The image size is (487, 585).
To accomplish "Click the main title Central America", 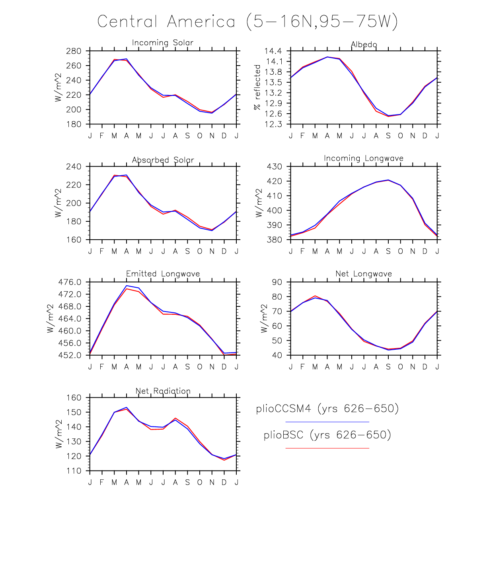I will click(x=247, y=21).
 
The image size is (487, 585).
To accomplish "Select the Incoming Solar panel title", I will click(x=162, y=43).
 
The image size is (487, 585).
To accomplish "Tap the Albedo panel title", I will click(x=364, y=45).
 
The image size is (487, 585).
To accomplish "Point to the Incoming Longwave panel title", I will click(x=363, y=158).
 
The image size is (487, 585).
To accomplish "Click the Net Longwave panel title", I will click(x=363, y=274).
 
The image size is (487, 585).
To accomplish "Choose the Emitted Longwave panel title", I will click(x=163, y=274).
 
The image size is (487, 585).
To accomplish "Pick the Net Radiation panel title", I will click(x=163, y=391).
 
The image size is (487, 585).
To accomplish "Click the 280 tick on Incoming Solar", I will click(x=74, y=51).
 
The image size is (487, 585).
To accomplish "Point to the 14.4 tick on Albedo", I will click(x=273, y=51).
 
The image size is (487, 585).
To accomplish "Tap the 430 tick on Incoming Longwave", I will click(x=274, y=167).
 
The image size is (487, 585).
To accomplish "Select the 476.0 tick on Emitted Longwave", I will click(x=70, y=282).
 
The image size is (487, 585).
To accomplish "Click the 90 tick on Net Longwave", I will click(x=277, y=282).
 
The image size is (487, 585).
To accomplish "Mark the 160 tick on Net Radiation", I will click(x=74, y=398).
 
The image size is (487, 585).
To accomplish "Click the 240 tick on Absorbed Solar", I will click(x=74, y=167).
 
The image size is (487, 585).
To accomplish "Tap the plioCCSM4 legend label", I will click(x=327, y=409).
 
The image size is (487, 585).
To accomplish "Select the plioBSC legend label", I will click(x=327, y=435).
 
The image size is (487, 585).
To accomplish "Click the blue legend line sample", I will click(x=327, y=422).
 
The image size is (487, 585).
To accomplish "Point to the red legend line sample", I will click(x=327, y=448).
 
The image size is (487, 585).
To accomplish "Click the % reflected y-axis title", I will click(x=257, y=87).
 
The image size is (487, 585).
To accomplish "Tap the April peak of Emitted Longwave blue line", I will click(x=127, y=286).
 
